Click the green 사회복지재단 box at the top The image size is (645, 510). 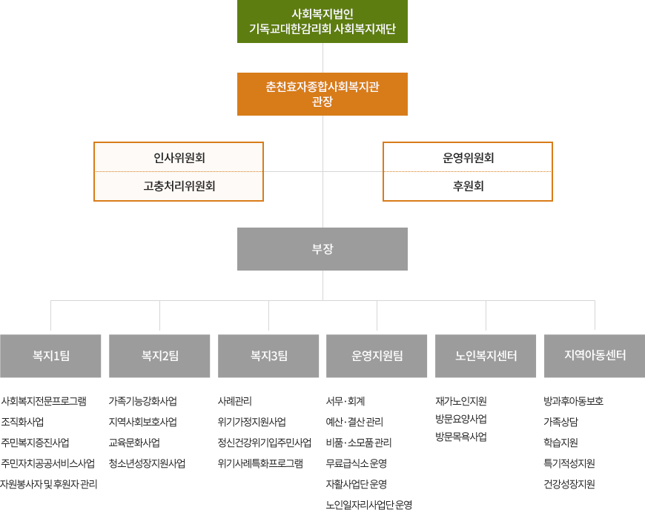point(322,21)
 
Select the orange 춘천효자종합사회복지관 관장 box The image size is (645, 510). point(322,94)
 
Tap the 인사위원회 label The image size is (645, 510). point(179,158)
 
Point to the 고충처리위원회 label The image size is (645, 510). point(179,186)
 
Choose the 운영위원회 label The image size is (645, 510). point(468,158)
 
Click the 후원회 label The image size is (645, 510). point(468,186)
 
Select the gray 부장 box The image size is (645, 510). point(322,249)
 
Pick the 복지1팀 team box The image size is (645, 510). point(50,356)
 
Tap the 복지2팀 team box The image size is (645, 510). point(159,356)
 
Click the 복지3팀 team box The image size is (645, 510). point(268,356)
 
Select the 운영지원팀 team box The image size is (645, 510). point(377,356)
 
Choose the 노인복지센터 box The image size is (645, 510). point(486,356)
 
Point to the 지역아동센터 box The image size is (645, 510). point(595,356)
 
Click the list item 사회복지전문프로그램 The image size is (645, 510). point(44,401)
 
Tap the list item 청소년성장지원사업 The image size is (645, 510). point(147,463)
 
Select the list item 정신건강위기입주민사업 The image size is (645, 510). point(265,443)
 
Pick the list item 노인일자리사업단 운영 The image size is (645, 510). point(369,505)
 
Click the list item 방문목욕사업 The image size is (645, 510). point(461,437)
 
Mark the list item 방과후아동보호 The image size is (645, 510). point(573,401)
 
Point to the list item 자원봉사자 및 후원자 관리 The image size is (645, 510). point(48,484)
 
